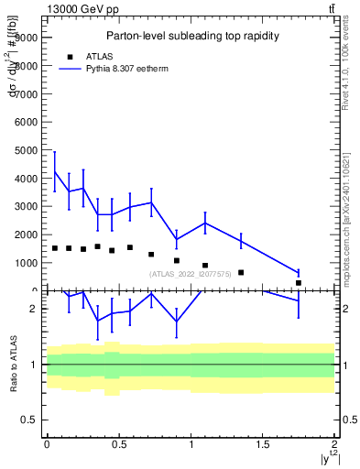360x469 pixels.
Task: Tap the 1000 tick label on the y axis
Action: point(26,263)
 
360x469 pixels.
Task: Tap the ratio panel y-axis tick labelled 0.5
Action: point(31,420)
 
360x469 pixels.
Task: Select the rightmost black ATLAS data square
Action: point(299,283)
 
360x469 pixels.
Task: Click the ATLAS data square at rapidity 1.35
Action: point(241,272)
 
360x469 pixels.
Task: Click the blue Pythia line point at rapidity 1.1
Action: point(205,223)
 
